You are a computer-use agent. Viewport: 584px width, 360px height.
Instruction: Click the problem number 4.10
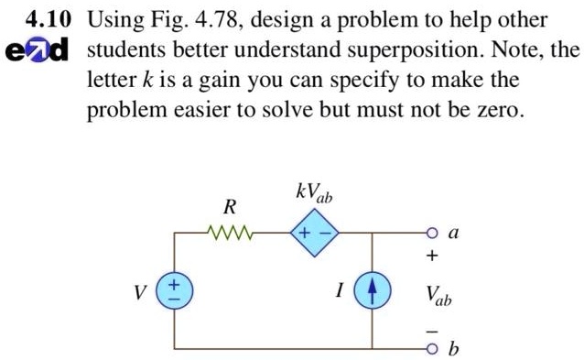48,20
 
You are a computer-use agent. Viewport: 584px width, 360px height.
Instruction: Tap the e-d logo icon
37,50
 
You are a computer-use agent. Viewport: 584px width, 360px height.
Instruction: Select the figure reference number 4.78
219,20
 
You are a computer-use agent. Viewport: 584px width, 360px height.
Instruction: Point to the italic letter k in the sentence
148,80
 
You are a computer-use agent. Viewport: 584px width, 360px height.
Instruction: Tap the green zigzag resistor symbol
230,233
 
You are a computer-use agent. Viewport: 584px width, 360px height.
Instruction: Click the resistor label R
230,207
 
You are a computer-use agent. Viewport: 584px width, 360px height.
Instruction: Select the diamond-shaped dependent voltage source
315,233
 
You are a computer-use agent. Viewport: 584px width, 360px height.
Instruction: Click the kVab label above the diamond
314,193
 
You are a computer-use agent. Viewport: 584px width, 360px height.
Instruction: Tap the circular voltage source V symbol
174,290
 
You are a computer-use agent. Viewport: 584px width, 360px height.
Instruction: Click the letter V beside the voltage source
140,292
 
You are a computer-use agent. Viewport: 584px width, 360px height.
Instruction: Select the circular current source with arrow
372,290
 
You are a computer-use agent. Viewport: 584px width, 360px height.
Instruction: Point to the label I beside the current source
340,290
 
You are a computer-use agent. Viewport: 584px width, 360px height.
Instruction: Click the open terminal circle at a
432,234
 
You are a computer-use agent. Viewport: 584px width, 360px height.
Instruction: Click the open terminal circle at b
432,349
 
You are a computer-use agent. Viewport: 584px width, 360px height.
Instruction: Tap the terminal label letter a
454,233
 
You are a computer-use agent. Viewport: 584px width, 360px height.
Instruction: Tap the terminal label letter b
453,348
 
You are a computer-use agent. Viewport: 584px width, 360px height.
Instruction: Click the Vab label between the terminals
438,296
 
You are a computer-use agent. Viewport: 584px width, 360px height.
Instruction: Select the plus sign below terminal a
432,256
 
